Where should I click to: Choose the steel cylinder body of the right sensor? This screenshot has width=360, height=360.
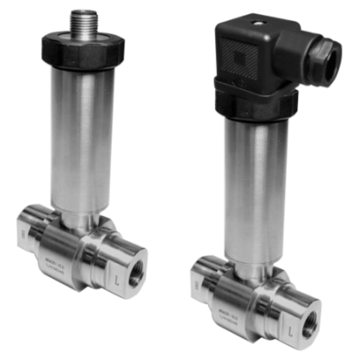point(256,180)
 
